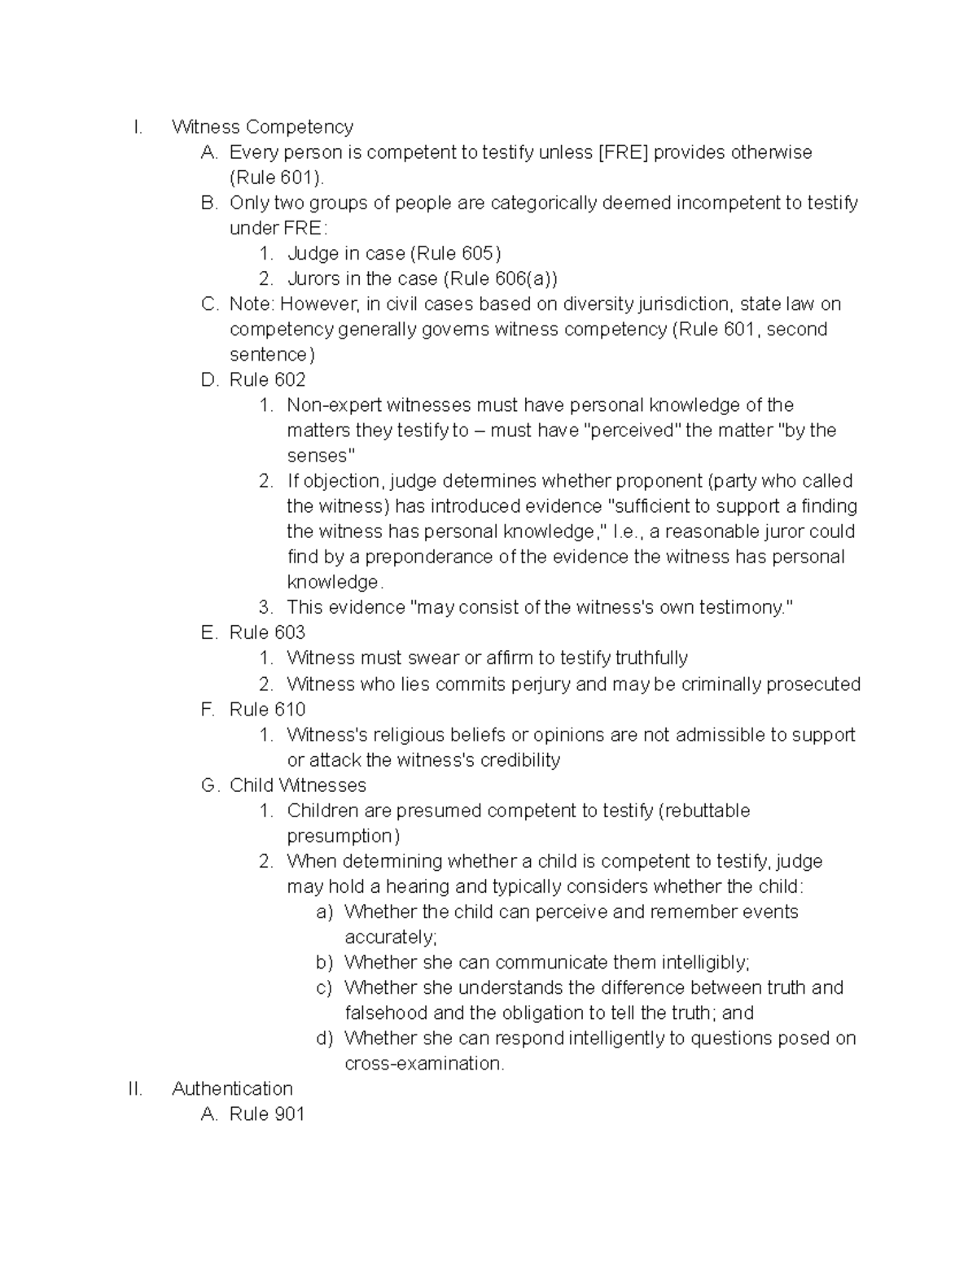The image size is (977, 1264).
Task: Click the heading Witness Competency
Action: coord(262,127)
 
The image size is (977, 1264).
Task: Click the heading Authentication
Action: coord(232,1088)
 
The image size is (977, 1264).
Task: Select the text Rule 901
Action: coord(266,1113)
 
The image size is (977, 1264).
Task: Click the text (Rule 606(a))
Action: coord(501,278)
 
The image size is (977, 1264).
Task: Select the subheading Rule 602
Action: coord(267,379)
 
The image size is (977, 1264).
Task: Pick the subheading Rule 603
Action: coord(267,632)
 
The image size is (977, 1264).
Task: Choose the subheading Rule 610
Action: coord(267,709)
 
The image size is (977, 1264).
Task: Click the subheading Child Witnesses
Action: coord(297,785)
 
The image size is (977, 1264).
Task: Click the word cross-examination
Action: coord(423,1063)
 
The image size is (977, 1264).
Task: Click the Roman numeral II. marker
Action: coord(135,1088)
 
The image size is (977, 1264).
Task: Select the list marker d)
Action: coord(324,1038)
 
